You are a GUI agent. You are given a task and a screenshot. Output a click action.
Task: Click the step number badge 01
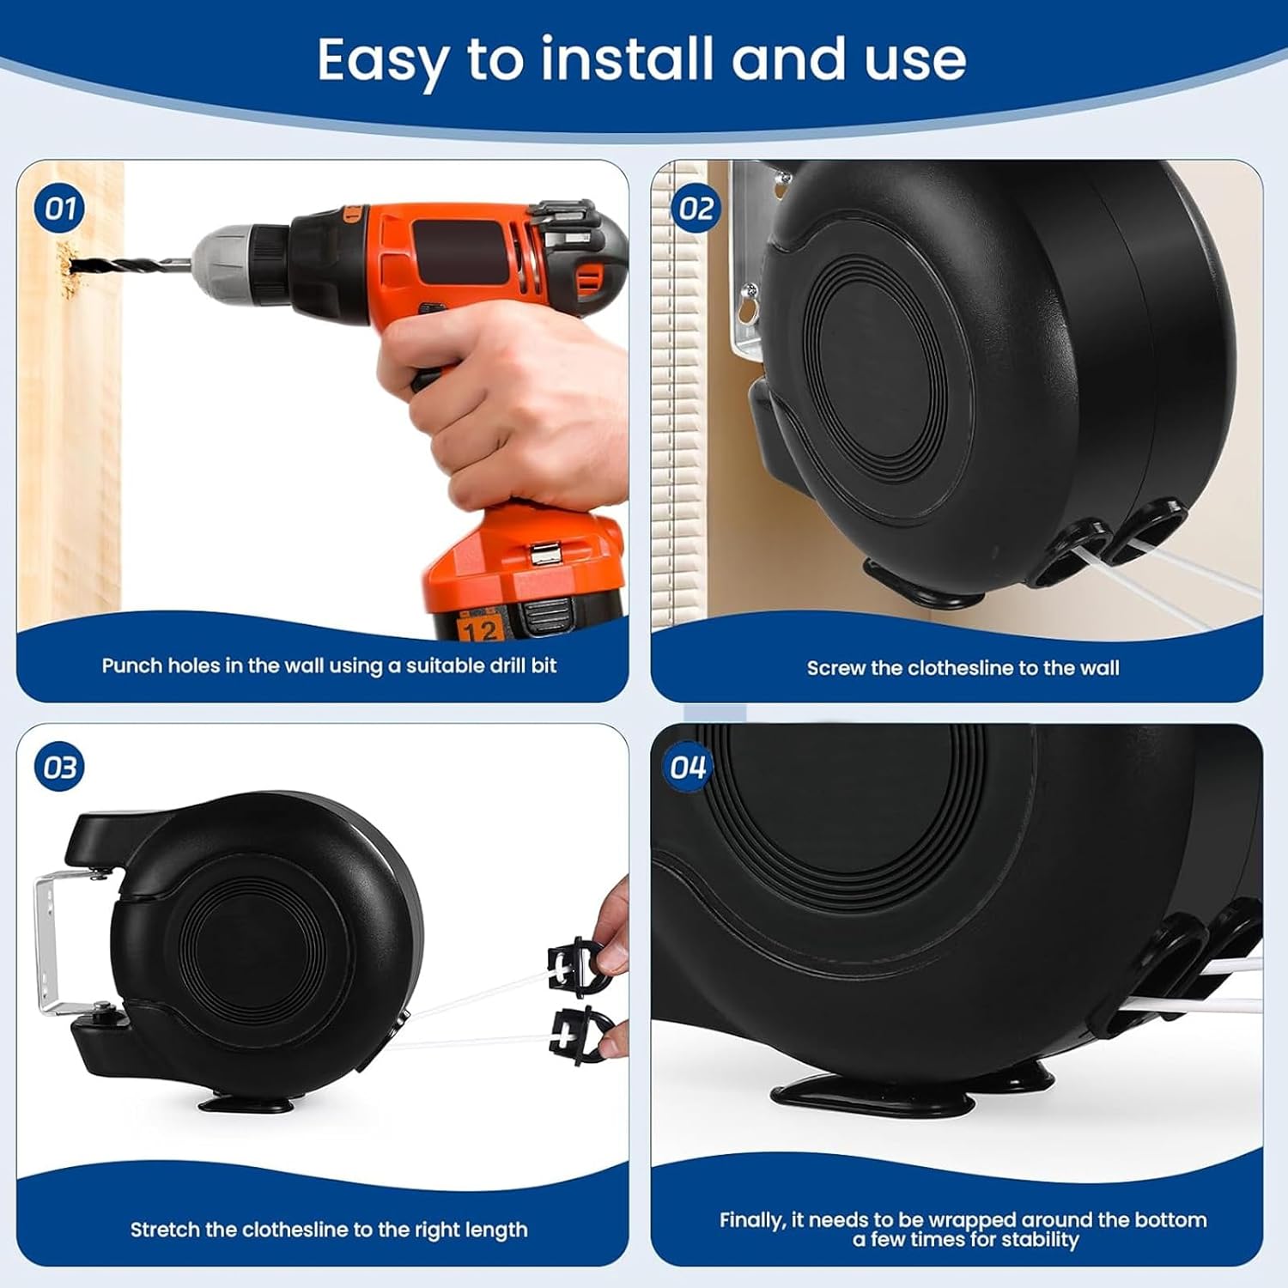[x=59, y=209]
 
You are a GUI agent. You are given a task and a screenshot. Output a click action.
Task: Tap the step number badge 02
[x=696, y=209]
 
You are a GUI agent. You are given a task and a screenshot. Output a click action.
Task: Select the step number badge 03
[x=59, y=768]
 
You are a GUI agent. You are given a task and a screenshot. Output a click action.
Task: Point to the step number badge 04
[x=688, y=768]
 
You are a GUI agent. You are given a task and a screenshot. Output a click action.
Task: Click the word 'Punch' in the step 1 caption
[x=131, y=665]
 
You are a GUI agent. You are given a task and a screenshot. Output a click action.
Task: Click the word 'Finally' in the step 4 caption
[x=750, y=1220]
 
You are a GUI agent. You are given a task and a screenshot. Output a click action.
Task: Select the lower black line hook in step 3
[x=581, y=1036]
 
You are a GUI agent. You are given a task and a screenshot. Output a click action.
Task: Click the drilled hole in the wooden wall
[x=66, y=263]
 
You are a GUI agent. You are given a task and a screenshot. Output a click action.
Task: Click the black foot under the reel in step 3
[x=246, y=1102]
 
